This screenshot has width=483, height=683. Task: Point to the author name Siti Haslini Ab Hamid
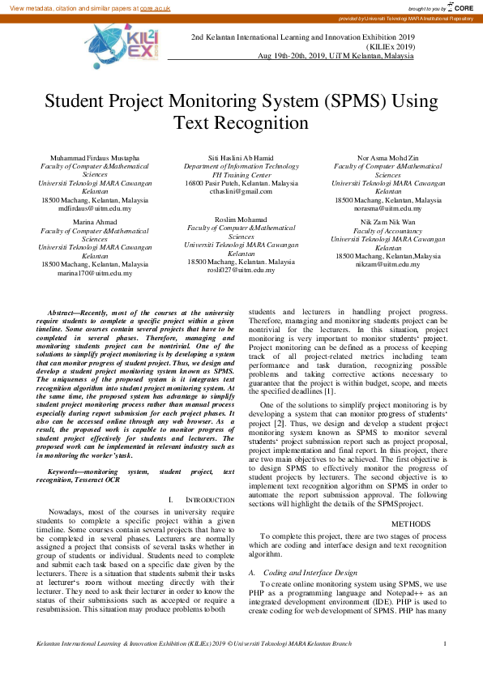coord(241,157)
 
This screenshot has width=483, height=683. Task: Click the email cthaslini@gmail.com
coord(241,191)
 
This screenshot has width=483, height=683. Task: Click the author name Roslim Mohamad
coord(241,220)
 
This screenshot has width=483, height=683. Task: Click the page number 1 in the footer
coord(445,666)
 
